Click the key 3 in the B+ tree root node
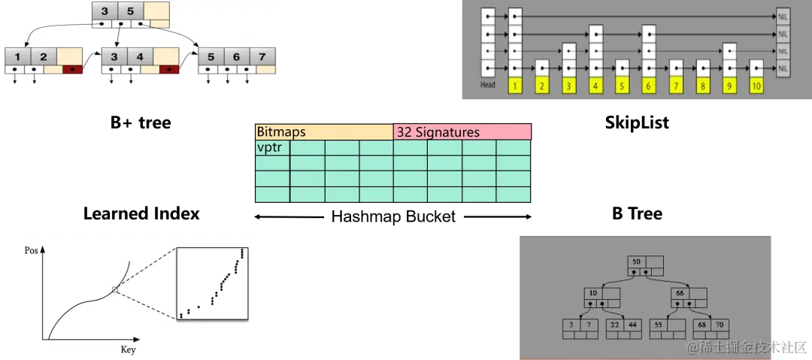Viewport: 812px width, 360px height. click(105, 11)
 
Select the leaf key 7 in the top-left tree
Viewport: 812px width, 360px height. click(262, 57)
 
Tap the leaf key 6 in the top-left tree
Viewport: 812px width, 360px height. click(236, 57)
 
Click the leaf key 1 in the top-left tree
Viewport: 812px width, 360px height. click(17, 57)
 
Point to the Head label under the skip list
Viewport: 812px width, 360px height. click(488, 85)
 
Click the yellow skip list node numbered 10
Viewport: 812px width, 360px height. click(756, 86)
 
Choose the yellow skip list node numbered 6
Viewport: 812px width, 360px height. click(649, 86)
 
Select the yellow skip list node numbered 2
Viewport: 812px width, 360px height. click(541, 86)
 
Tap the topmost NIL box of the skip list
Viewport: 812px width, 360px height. click(783, 15)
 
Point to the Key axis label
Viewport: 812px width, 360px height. click(128, 350)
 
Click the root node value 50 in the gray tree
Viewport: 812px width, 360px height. click(637, 262)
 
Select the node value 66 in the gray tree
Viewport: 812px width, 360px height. click(680, 292)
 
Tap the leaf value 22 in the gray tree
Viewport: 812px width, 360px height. click(615, 324)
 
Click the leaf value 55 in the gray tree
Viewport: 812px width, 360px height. click(659, 324)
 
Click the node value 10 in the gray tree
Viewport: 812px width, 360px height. click(593, 292)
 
